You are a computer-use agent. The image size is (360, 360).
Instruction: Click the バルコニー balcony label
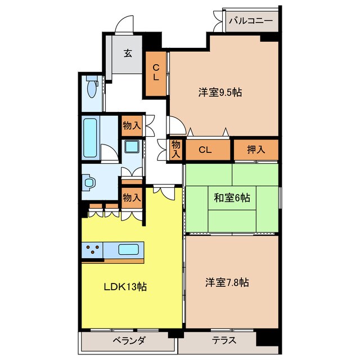coord(251,21)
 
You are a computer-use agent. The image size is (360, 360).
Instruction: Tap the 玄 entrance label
coord(128,53)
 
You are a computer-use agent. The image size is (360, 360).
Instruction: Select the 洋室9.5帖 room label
coord(220,92)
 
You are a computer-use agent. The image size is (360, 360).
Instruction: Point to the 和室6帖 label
coord(232,197)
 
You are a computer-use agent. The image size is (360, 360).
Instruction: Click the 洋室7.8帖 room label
coord(227,282)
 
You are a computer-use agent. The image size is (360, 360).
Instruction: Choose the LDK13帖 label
coord(125,286)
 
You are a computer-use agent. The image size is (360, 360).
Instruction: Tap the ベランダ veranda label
coord(129,340)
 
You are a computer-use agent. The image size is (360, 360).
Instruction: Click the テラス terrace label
coord(224,340)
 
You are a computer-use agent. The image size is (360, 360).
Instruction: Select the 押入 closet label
coord(256,150)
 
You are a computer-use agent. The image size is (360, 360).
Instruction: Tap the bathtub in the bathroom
coord(90,138)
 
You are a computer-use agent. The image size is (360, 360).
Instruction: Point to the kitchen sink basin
coord(129,249)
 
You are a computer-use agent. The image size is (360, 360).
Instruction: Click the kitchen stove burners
coord(92,249)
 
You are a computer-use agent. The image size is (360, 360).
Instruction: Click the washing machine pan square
coord(132,147)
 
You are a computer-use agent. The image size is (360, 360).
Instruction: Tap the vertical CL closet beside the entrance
coord(156,74)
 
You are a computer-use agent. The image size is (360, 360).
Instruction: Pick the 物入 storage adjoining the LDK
coord(132,197)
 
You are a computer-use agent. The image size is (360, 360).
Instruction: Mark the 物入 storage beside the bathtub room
coord(132,125)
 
